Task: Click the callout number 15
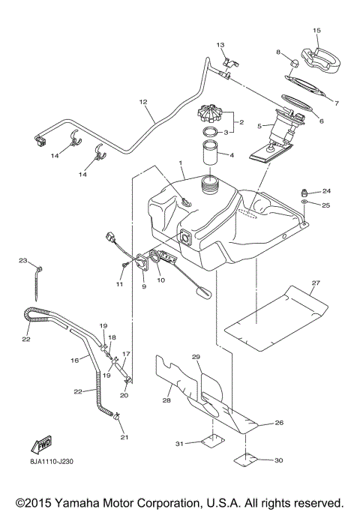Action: (x=316, y=30)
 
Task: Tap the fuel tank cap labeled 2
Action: (x=211, y=116)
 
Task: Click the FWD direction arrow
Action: (x=43, y=448)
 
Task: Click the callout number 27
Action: (x=315, y=283)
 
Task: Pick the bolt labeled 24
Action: (x=304, y=192)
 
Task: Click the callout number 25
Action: (x=326, y=205)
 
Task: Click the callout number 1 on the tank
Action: (x=180, y=163)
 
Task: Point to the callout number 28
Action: (x=166, y=400)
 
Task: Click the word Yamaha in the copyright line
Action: (x=79, y=502)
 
